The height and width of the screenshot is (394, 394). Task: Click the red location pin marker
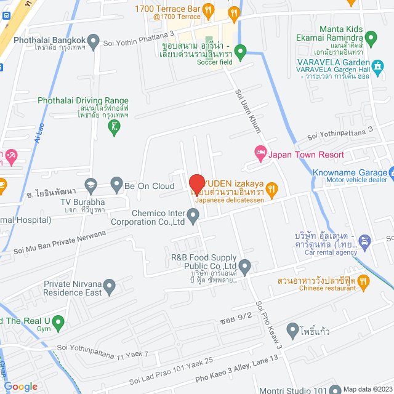196,185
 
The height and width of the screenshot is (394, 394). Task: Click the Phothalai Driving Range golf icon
114,127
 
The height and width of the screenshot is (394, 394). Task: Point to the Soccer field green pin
241,51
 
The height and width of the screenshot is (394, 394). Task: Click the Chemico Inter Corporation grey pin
193,215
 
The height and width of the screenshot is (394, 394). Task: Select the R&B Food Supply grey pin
245,267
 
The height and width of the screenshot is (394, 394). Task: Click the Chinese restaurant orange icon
363,283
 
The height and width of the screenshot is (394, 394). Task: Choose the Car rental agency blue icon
364,241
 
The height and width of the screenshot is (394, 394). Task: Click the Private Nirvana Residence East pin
110,286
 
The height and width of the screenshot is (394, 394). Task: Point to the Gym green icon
58,321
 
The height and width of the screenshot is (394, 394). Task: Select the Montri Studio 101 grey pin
335,389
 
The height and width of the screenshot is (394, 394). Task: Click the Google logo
20,387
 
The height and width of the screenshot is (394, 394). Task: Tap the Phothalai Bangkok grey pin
94,42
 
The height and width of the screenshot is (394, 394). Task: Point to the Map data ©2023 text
366,388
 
